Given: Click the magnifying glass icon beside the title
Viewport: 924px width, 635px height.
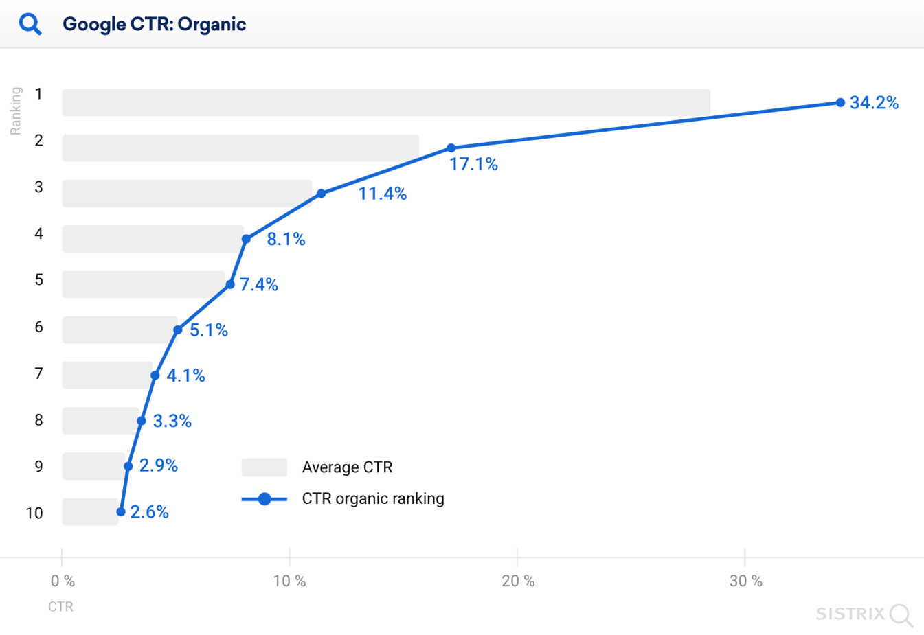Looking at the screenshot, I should (30, 25).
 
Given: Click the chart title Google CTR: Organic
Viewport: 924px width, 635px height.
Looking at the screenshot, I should (154, 25).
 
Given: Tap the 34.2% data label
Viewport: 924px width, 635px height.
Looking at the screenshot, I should (873, 103).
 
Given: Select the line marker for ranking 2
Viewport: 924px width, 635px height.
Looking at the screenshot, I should (451, 148).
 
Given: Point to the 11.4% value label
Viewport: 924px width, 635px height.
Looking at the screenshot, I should (382, 194).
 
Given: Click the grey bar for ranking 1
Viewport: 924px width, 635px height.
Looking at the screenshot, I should (386, 102).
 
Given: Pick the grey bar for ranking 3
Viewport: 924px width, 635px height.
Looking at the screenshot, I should (187, 194).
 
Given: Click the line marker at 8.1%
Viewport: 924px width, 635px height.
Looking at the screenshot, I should (246, 239).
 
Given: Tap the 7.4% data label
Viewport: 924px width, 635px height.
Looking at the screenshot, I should (258, 285).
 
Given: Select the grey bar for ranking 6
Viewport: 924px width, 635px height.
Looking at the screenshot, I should (120, 330).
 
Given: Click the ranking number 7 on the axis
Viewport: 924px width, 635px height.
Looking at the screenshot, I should (38, 373).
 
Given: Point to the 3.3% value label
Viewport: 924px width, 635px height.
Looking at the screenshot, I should (172, 422).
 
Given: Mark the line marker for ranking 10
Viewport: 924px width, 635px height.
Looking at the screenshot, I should (121, 511).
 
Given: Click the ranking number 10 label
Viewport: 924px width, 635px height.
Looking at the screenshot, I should (34, 513).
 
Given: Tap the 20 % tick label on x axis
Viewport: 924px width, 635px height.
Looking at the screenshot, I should (518, 581).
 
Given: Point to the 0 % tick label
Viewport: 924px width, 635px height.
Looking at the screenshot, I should (63, 581).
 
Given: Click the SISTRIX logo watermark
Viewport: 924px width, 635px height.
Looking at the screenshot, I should (864, 614).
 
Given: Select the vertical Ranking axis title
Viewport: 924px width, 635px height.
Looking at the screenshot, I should (16, 111).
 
